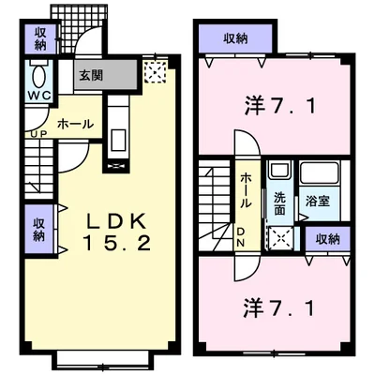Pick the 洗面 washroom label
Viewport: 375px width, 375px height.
pos(278,203)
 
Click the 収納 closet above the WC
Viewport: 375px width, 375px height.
pos(40,38)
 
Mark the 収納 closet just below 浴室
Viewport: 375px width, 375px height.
pos(327,240)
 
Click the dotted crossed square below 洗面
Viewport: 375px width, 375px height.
pos(280,238)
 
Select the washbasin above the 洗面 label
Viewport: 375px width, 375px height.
pos(278,173)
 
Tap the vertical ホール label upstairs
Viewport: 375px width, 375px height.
pos(245,190)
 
